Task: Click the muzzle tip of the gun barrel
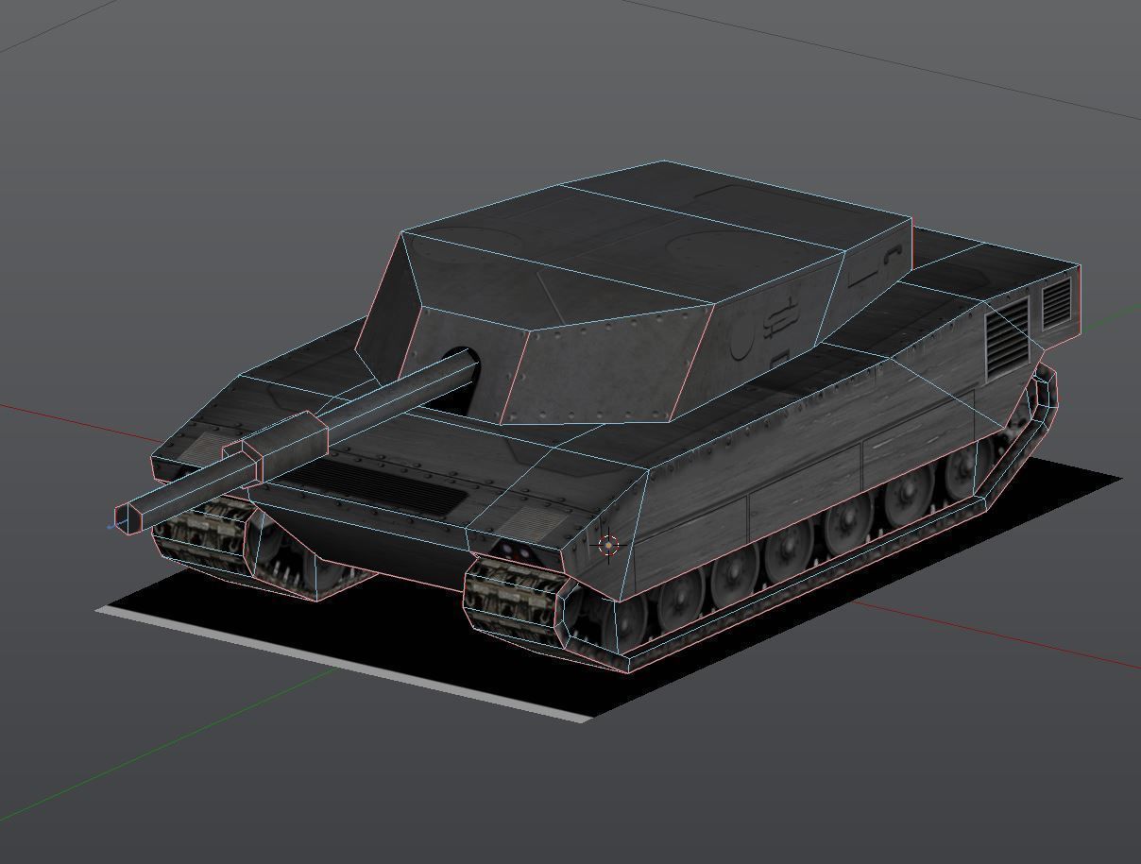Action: click(123, 518)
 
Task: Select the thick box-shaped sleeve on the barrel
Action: click(285, 443)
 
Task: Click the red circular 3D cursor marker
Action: click(609, 545)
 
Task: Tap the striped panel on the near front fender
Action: click(519, 522)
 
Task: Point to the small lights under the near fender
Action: click(516, 551)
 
